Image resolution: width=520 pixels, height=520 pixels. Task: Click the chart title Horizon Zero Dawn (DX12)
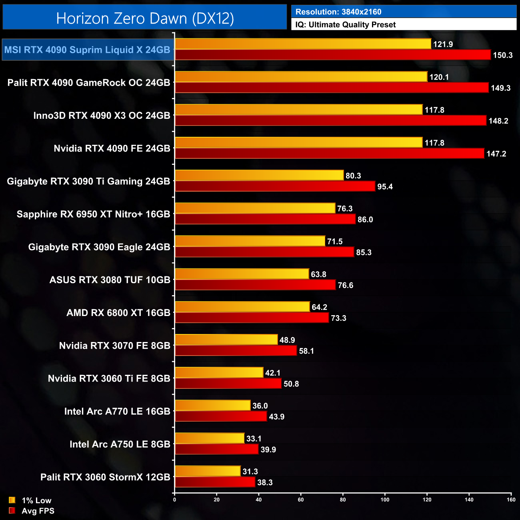pos(145,18)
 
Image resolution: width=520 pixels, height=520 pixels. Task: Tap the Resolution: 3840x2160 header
pos(338,12)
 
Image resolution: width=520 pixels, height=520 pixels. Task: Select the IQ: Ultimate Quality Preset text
pos(346,25)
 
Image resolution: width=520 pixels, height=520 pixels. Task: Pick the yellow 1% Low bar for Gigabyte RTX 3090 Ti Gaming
pos(259,175)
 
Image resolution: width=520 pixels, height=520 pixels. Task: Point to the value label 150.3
pos(502,55)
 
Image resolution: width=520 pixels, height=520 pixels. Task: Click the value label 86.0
pos(365,220)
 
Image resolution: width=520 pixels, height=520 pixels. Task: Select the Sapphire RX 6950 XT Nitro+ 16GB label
pos(93,214)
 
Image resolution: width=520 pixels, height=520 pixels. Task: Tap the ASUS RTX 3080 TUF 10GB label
pos(110,280)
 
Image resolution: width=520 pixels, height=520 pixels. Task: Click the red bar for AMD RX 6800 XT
pos(252,318)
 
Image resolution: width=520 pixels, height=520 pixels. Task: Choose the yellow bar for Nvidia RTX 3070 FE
pos(226,340)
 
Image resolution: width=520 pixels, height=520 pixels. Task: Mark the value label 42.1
pos(273,373)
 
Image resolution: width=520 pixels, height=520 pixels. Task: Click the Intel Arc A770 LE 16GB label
pos(117,411)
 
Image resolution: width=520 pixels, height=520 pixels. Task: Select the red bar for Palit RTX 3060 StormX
pos(215,482)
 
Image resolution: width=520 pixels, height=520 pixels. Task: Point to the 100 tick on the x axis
pos(385,500)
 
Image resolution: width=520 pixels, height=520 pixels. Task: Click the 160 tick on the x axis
pos(511,500)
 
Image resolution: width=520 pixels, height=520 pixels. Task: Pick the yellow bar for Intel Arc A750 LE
pos(210,438)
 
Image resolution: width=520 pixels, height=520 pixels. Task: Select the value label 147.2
pos(496,154)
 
